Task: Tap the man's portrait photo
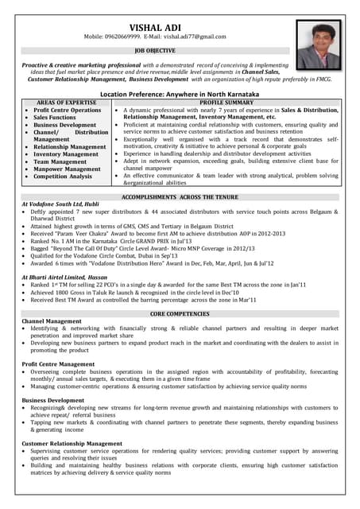318,45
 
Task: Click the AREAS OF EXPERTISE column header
67,103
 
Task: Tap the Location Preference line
180,94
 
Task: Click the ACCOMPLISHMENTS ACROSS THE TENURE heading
180,196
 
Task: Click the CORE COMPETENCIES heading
180,313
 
